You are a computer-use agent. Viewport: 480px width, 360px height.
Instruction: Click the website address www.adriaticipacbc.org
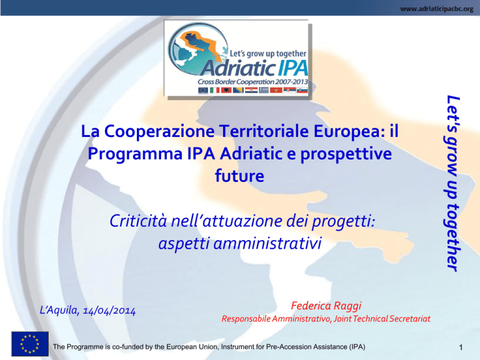click(x=436, y=9)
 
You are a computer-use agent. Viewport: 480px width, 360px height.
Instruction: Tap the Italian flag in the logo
click(x=214, y=90)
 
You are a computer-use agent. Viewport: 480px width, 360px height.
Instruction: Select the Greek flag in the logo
click(x=264, y=90)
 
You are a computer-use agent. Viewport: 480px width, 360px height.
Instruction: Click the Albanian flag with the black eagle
click(x=226, y=90)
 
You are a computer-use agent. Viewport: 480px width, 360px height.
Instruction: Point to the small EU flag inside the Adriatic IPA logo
click(x=203, y=90)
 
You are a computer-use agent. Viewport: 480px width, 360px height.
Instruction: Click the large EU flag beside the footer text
click(x=30, y=344)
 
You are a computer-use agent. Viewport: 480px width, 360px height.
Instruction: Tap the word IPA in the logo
click(x=292, y=68)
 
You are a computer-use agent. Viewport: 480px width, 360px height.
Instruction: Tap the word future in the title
click(x=239, y=176)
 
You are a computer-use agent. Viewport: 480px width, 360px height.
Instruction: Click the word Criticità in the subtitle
click(x=138, y=221)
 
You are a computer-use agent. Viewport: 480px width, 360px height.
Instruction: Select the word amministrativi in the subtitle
click(x=267, y=243)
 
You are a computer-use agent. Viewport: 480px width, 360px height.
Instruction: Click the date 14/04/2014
click(x=109, y=311)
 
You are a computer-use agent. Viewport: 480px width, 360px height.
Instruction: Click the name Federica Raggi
click(x=326, y=306)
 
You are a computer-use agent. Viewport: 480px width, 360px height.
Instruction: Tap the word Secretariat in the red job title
click(x=410, y=319)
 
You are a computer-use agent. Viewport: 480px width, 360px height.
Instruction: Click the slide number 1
click(x=461, y=347)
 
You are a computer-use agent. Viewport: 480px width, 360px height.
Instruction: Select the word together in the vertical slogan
click(x=452, y=237)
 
